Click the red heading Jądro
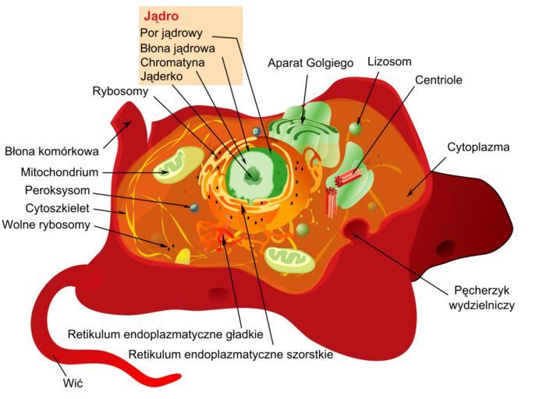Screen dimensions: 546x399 (161, 16)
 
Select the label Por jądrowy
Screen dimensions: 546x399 (172, 34)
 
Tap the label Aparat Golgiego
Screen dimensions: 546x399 (310, 63)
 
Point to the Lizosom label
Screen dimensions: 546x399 (389, 62)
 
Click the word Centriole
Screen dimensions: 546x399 (438, 80)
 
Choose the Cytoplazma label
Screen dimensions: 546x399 (478, 147)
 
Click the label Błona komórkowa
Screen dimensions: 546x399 (51, 152)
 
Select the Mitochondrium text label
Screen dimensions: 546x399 (59, 172)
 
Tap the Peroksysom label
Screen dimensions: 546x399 (58, 191)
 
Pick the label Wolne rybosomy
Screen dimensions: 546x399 (46, 224)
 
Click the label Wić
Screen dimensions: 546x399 (73, 383)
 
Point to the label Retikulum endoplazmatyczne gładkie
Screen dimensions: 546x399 (165, 334)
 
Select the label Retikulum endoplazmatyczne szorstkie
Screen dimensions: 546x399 (231, 355)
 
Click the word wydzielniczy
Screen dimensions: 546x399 (481, 305)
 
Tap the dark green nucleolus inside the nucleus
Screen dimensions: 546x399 (253, 175)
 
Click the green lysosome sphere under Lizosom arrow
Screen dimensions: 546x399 (355, 128)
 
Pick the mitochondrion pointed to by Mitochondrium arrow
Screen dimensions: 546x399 (179, 165)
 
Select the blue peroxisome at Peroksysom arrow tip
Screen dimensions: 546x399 (194, 207)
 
